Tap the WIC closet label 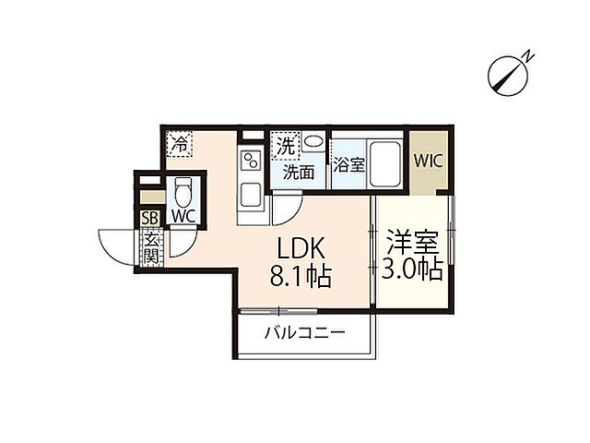click(x=429, y=160)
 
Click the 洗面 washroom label click(x=299, y=171)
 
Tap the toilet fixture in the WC click(x=183, y=193)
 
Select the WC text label click(x=183, y=218)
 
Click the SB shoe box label click(x=149, y=218)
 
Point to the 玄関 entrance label click(x=149, y=246)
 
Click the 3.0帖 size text click(x=412, y=269)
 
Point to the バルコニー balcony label click(x=305, y=333)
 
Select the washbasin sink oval click(x=314, y=143)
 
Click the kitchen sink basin click(x=250, y=197)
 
